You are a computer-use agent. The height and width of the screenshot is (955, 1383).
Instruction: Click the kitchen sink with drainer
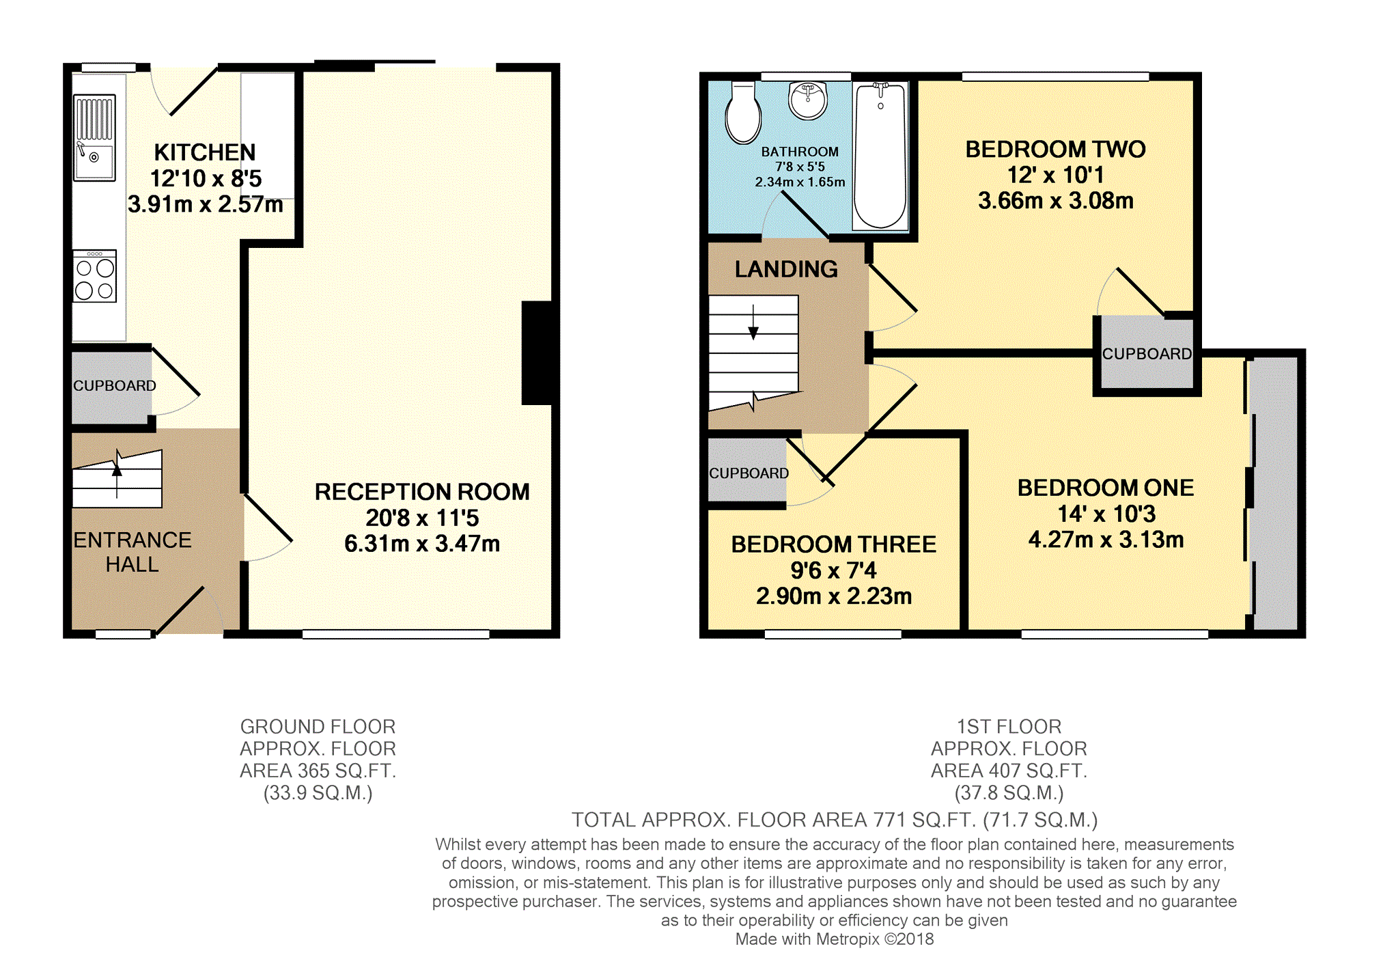(x=94, y=137)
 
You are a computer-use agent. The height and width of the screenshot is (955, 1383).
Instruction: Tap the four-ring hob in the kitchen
(x=95, y=276)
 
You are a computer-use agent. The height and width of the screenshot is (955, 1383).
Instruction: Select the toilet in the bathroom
(x=743, y=113)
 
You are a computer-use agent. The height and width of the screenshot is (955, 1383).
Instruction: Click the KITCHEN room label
(x=205, y=152)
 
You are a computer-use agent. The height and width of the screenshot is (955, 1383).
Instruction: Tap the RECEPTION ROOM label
(x=422, y=492)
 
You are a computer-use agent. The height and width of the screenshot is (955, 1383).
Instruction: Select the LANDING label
(x=786, y=269)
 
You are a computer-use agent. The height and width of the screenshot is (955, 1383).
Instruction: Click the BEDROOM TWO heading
(x=1055, y=150)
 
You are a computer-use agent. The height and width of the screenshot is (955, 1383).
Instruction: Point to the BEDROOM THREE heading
(x=834, y=544)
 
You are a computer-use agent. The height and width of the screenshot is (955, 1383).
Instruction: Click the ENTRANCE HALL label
(x=132, y=552)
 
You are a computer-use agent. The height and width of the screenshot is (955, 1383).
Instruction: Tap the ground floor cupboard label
(x=115, y=386)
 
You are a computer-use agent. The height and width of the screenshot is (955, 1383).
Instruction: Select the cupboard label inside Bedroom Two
(x=1147, y=354)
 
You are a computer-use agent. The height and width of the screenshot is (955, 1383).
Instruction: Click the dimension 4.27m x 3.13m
(x=1106, y=540)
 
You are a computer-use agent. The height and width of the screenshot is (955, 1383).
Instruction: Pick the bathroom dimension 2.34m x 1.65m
(x=800, y=182)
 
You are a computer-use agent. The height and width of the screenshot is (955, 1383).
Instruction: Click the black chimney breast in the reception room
(x=537, y=353)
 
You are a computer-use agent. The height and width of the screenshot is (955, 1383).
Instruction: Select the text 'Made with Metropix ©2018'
(x=835, y=939)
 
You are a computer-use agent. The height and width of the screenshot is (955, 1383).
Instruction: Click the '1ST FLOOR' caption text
(x=1009, y=726)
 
